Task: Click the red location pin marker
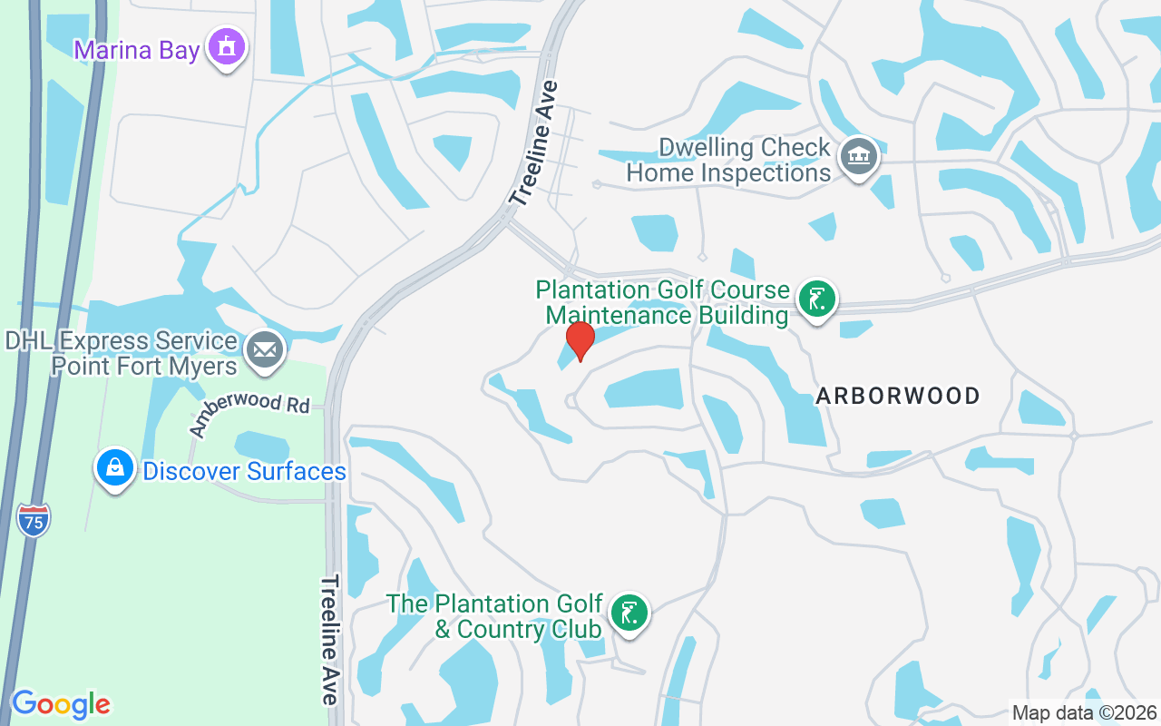[580, 340]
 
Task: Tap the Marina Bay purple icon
[227, 46]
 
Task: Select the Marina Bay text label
[137, 50]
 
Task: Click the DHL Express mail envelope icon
[265, 349]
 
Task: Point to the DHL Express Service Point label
[122, 354]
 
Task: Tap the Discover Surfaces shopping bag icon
[115, 468]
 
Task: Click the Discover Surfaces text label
[244, 472]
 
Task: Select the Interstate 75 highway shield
[34, 520]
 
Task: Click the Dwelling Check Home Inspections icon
[858, 157]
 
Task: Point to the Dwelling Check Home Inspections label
[729, 160]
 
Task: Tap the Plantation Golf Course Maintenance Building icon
[816, 299]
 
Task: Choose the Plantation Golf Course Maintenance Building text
[662, 302]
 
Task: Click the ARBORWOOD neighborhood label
[898, 396]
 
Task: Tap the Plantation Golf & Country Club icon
[628, 613]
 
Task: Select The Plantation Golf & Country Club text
[495, 616]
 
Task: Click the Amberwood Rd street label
[249, 413]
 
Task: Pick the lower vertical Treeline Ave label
[330, 639]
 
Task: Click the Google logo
[61, 704]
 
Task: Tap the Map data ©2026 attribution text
[1084, 713]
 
